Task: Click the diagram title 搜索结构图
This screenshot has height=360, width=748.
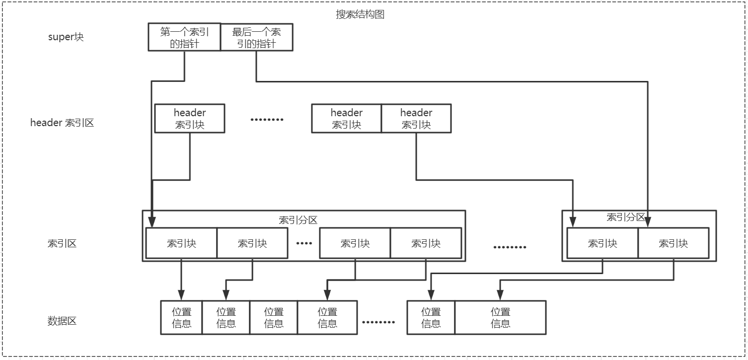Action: (x=360, y=14)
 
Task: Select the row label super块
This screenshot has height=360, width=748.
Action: (x=66, y=37)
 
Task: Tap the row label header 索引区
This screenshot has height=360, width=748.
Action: (x=62, y=123)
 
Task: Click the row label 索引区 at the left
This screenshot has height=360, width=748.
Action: (x=62, y=243)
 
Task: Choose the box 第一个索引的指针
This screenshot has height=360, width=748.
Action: (x=184, y=37)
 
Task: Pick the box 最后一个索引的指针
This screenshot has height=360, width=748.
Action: (x=256, y=37)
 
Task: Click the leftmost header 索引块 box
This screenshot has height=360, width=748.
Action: (x=190, y=119)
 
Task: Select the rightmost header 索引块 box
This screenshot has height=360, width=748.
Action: (x=416, y=119)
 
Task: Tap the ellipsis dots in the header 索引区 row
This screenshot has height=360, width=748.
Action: (x=267, y=120)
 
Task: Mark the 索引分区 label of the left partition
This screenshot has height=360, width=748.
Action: (x=298, y=220)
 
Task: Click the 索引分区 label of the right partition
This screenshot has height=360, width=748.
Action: (x=626, y=217)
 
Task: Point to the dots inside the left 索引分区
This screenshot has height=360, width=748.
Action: (x=303, y=243)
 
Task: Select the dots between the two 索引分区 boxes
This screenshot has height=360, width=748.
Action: (x=510, y=247)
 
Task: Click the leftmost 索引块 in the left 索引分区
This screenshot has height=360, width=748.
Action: (x=181, y=243)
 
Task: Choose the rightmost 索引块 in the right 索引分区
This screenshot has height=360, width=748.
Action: (x=673, y=243)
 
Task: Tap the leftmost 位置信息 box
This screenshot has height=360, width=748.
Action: (x=181, y=318)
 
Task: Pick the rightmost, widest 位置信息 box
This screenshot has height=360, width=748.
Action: (x=500, y=318)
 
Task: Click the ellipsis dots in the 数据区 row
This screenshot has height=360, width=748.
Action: (x=378, y=322)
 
